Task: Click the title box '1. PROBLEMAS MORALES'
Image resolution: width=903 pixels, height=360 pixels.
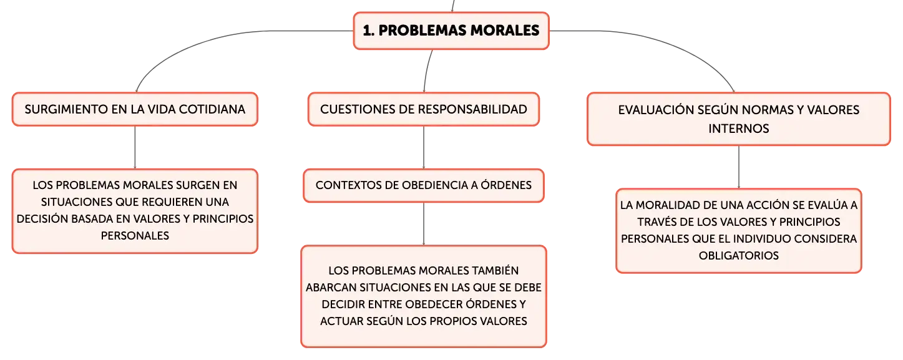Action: point(451,31)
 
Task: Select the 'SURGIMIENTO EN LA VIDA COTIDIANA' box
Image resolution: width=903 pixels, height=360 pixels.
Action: point(135,109)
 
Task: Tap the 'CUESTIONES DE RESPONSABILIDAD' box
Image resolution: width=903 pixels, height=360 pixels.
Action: point(424,109)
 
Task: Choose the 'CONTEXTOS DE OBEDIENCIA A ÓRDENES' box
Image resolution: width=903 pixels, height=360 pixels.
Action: point(424,185)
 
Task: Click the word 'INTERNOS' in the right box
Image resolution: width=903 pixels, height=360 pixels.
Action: point(738,129)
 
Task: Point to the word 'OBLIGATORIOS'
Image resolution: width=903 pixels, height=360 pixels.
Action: point(738,256)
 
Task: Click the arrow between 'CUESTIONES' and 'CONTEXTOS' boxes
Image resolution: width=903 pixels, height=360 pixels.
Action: point(424,147)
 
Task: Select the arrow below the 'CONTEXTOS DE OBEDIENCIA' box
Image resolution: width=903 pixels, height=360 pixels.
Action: point(424,224)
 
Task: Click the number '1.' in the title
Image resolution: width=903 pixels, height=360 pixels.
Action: point(368,31)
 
